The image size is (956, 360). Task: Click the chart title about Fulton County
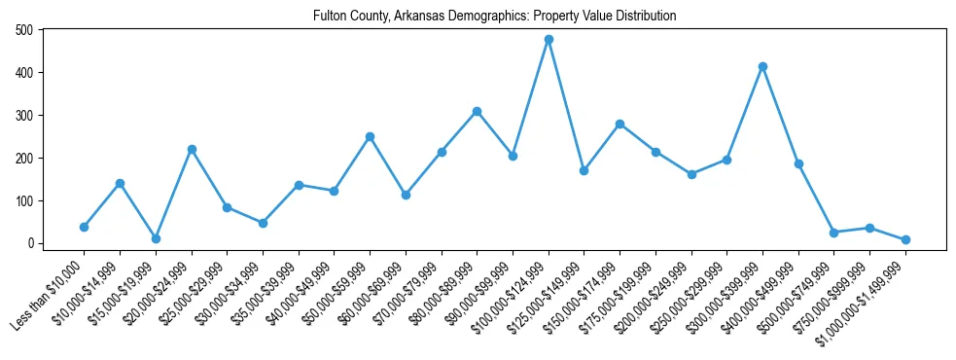[495, 16]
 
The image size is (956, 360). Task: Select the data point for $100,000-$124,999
[549, 40]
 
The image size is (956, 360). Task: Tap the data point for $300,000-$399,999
[762, 66]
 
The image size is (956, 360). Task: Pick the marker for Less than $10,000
[84, 227]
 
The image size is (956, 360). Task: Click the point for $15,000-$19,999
[156, 238]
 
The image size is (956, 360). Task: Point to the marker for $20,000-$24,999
[192, 149]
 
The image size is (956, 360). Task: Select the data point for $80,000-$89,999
[477, 111]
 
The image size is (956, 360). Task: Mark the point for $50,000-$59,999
[370, 136]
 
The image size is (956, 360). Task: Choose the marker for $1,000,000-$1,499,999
[905, 239]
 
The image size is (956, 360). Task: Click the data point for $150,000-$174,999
[620, 124]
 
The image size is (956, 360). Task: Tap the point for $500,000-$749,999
[833, 233]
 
